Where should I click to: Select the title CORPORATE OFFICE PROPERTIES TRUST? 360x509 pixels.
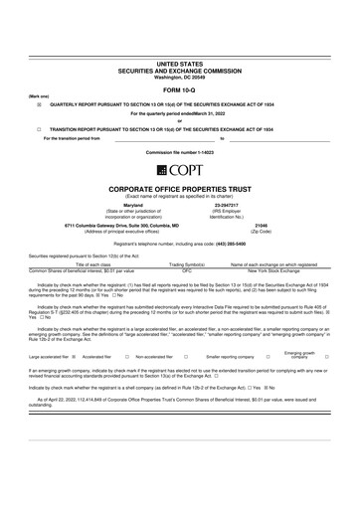click(x=179, y=188)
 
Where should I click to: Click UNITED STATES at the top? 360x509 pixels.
click(x=179, y=63)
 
